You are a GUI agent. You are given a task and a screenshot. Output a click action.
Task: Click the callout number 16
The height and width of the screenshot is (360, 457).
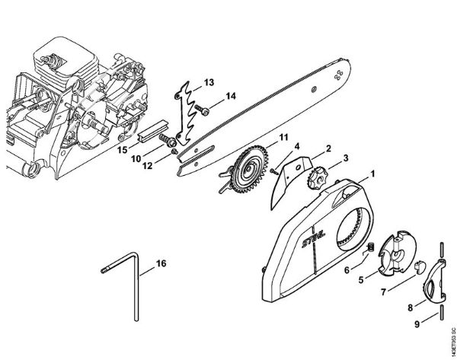(x=160, y=263)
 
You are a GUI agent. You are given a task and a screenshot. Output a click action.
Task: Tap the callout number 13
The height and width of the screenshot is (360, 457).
(x=208, y=81)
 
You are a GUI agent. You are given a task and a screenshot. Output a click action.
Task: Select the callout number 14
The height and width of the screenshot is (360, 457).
(x=232, y=95)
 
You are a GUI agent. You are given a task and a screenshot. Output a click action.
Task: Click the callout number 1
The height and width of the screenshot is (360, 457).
(x=373, y=174)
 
